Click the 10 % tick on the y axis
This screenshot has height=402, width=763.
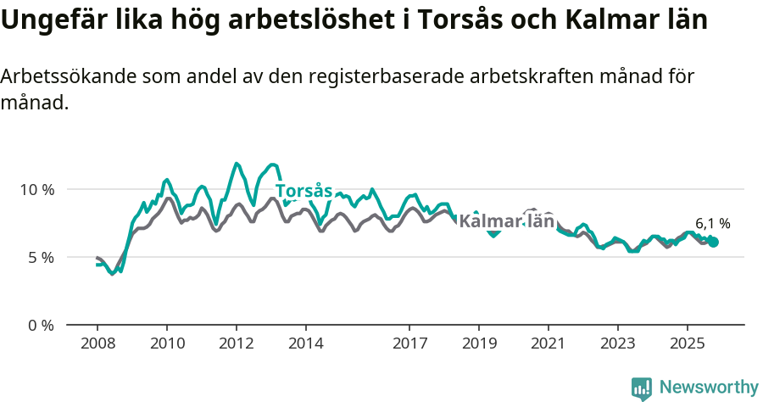pyautogui.click(x=36, y=189)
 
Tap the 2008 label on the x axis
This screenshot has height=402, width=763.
pyautogui.click(x=97, y=344)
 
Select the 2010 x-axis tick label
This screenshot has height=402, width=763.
pyautogui.click(x=167, y=344)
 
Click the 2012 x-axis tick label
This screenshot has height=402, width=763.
pyautogui.click(x=237, y=344)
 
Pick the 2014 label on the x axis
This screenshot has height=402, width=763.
pyautogui.click(x=306, y=344)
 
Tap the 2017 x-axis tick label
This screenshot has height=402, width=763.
pyautogui.click(x=409, y=344)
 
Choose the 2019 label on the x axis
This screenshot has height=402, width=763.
pyautogui.click(x=479, y=344)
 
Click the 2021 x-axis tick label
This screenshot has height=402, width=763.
pyautogui.click(x=549, y=344)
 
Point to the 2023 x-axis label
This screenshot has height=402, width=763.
pyautogui.click(x=617, y=344)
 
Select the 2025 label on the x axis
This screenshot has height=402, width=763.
pyautogui.click(x=687, y=344)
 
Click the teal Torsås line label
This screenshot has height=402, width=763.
pyautogui.click(x=304, y=191)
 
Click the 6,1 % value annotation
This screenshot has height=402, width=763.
pyautogui.click(x=712, y=224)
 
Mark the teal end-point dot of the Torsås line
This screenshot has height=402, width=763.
pyautogui.click(x=714, y=243)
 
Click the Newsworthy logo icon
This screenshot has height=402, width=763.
pyautogui.click(x=642, y=388)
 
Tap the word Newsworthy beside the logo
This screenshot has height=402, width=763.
pyautogui.click(x=709, y=388)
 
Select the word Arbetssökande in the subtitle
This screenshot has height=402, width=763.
pyautogui.click(x=69, y=76)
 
